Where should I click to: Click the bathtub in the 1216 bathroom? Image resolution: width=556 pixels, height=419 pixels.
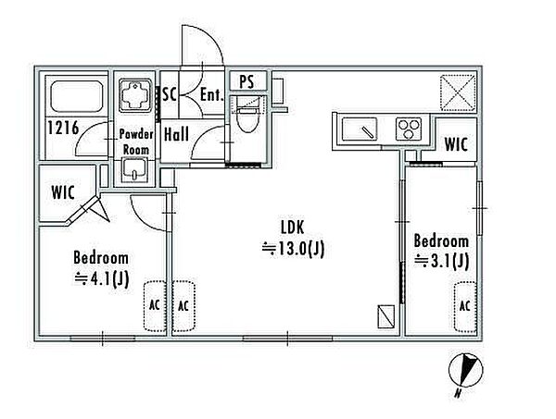coord(76,96)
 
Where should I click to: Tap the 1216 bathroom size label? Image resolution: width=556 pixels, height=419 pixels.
coord(63,128)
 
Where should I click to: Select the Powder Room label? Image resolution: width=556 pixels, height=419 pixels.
coord(136,142)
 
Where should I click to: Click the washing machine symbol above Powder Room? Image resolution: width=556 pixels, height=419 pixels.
coord(134,95)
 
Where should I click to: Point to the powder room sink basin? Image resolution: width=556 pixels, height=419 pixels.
coord(134,170)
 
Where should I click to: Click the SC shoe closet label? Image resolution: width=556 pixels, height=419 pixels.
coord(170,94)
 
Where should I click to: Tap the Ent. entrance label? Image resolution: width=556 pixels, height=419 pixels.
coord(212,94)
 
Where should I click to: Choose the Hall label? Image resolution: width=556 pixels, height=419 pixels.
coord(176,134)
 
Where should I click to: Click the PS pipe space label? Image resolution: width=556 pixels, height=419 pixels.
coord(246,81)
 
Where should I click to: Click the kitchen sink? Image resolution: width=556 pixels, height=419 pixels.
coord(360,129)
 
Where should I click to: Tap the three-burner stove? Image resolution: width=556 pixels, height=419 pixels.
coord(409,129)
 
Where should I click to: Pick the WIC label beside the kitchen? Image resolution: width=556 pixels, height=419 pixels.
coord(456,144)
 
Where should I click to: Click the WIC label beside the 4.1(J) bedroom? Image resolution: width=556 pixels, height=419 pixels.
coord(63,193)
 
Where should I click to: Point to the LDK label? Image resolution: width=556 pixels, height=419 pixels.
coord(293,228)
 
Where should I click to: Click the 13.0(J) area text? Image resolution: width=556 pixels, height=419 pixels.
coord(293,249)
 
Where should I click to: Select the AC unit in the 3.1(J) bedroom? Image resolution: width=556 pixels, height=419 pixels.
coord(465,307)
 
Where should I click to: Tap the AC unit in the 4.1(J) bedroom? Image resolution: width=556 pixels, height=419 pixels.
coord(154,306)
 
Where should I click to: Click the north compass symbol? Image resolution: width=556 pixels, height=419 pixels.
coord(465,372)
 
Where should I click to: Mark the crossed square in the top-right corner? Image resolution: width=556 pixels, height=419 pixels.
coord(458,92)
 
